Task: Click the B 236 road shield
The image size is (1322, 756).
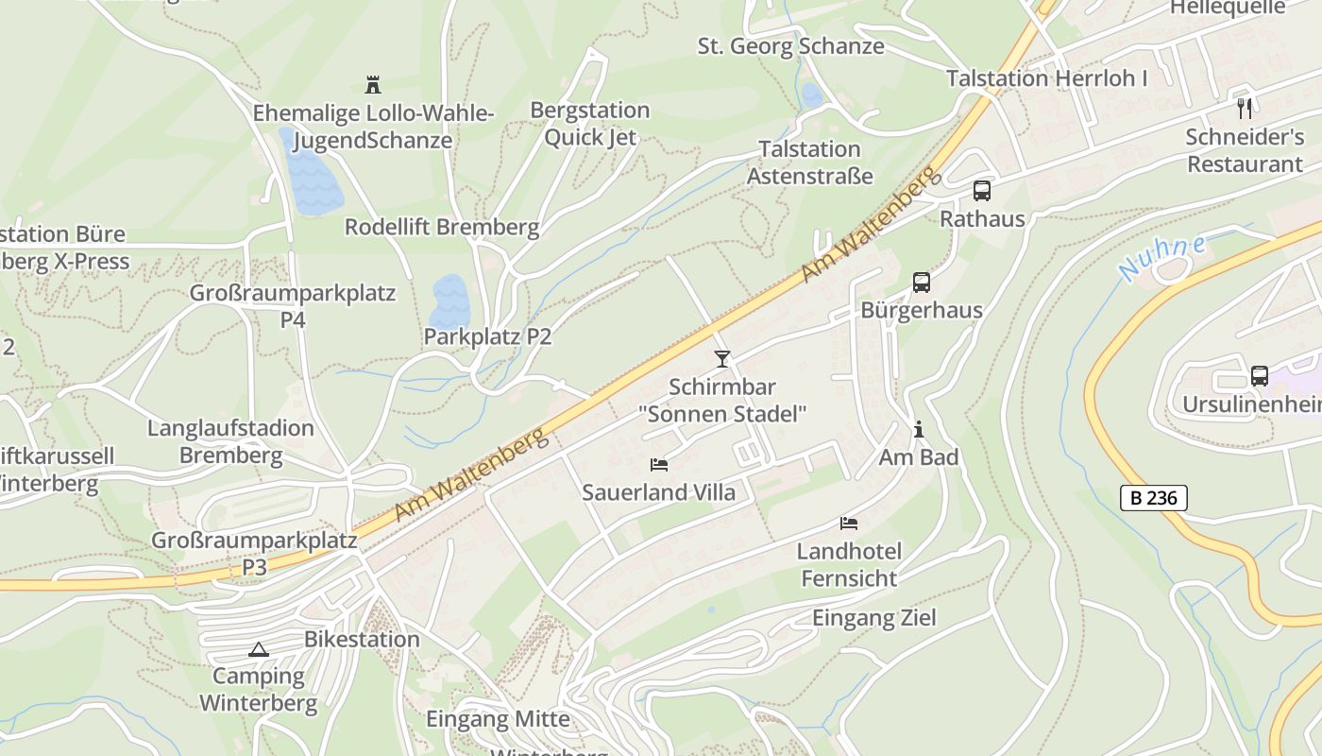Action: (x=1153, y=498)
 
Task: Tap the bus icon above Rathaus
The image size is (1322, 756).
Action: (x=982, y=191)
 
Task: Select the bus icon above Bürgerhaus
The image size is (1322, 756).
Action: (x=922, y=283)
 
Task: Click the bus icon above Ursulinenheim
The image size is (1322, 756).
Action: (x=1260, y=376)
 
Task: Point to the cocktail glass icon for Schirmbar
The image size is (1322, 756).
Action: (x=722, y=358)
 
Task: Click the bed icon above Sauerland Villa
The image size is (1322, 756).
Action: (x=659, y=464)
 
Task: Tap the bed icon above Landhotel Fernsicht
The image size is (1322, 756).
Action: (x=849, y=523)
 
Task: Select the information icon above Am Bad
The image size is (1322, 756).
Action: (x=919, y=430)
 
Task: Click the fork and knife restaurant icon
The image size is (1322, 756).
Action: (x=1245, y=108)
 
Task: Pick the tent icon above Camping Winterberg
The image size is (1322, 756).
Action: (x=258, y=649)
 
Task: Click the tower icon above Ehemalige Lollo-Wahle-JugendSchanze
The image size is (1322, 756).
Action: (x=373, y=85)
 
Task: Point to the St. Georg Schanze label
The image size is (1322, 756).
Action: (x=790, y=45)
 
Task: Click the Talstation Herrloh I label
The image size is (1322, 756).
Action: (x=1046, y=78)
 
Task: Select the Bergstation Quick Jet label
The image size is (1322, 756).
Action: (x=590, y=124)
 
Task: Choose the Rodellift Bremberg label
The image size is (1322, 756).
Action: (x=442, y=227)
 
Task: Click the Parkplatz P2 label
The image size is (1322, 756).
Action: (x=487, y=336)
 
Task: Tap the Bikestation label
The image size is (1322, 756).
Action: (x=362, y=639)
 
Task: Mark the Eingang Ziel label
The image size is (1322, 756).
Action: (x=874, y=618)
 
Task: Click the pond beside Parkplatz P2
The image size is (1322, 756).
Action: (x=449, y=301)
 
